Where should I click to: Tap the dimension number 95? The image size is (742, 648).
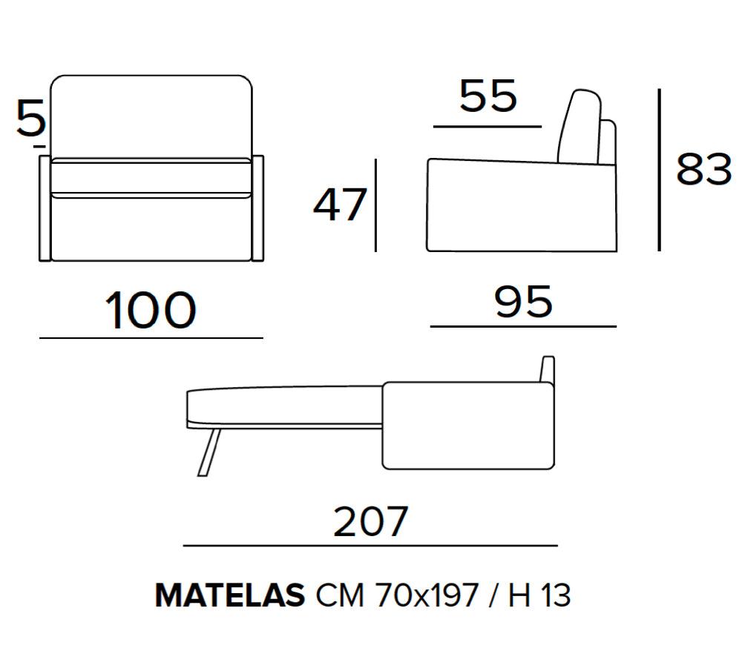(524, 301)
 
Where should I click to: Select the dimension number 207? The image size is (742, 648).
(370, 521)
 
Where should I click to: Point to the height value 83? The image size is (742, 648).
(703, 170)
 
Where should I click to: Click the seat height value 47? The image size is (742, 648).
(340, 205)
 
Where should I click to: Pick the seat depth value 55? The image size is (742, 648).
(487, 96)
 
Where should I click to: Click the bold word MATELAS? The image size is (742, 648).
(229, 595)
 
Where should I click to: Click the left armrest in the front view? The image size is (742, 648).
(45, 208)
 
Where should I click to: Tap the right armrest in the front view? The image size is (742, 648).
(257, 208)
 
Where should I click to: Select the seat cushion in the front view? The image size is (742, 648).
(151, 178)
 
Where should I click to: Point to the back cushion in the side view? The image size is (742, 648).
(580, 128)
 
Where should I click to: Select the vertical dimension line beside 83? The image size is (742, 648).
(659, 170)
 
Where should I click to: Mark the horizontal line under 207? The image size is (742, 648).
(370, 546)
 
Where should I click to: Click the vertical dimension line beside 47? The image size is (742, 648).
(376, 205)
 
